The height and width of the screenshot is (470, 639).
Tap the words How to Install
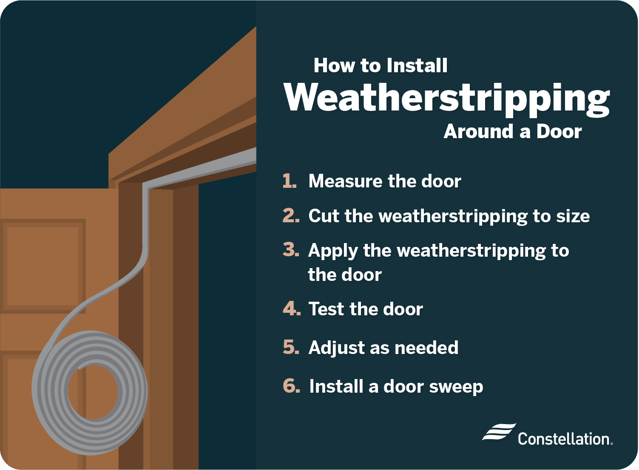[381, 65]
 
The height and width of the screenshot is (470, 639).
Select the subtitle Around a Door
[513, 131]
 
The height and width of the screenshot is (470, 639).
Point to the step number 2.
[291, 215]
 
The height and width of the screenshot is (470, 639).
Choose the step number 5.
[291, 347]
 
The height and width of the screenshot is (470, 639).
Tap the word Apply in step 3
[333, 252]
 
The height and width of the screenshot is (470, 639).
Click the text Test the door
[366, 309]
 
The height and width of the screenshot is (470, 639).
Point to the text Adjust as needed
[383, 348]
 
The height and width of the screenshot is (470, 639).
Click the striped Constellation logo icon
[499, 431]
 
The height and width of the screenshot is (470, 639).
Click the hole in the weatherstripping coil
[93, 392]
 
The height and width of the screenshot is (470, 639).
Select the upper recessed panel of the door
[43, 266]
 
